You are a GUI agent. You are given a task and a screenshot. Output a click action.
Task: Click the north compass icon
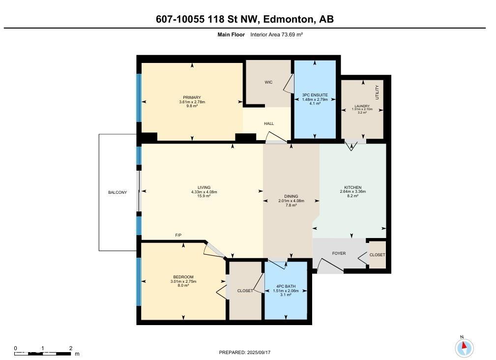pos(464,348)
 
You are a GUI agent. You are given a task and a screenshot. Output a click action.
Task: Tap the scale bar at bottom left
pos(43,353)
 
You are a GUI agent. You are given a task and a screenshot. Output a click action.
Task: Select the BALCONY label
pos(117,192)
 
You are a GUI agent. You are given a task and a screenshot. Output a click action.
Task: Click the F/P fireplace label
pos(178,236)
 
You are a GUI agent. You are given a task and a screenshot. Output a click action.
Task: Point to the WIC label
pos(268,82)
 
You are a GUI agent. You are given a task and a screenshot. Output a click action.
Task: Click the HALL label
pos(269,123)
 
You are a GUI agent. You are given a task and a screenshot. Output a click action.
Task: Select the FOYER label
pos(339,254)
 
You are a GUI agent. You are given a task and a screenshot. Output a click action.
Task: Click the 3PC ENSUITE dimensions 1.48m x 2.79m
pos(315,99)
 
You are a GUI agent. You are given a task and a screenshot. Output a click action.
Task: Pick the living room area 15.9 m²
pos(204,196)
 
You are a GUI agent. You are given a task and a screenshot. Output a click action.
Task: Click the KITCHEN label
pos(353,187)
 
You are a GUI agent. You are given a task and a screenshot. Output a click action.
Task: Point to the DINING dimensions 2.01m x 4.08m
pos(291,201)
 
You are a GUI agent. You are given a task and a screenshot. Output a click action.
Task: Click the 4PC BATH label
pos(286,286)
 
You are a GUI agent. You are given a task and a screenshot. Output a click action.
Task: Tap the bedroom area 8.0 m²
pos(183,286)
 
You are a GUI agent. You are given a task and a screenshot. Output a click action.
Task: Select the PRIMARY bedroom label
pos(192,97)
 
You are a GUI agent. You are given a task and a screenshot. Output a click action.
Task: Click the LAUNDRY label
pos(362,106)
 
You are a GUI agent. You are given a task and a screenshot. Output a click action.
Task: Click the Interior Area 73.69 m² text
pos(276,34)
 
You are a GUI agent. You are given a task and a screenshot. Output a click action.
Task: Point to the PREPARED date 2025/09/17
pos(245,352)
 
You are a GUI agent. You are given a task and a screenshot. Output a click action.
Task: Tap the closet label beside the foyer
pos(377,255)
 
